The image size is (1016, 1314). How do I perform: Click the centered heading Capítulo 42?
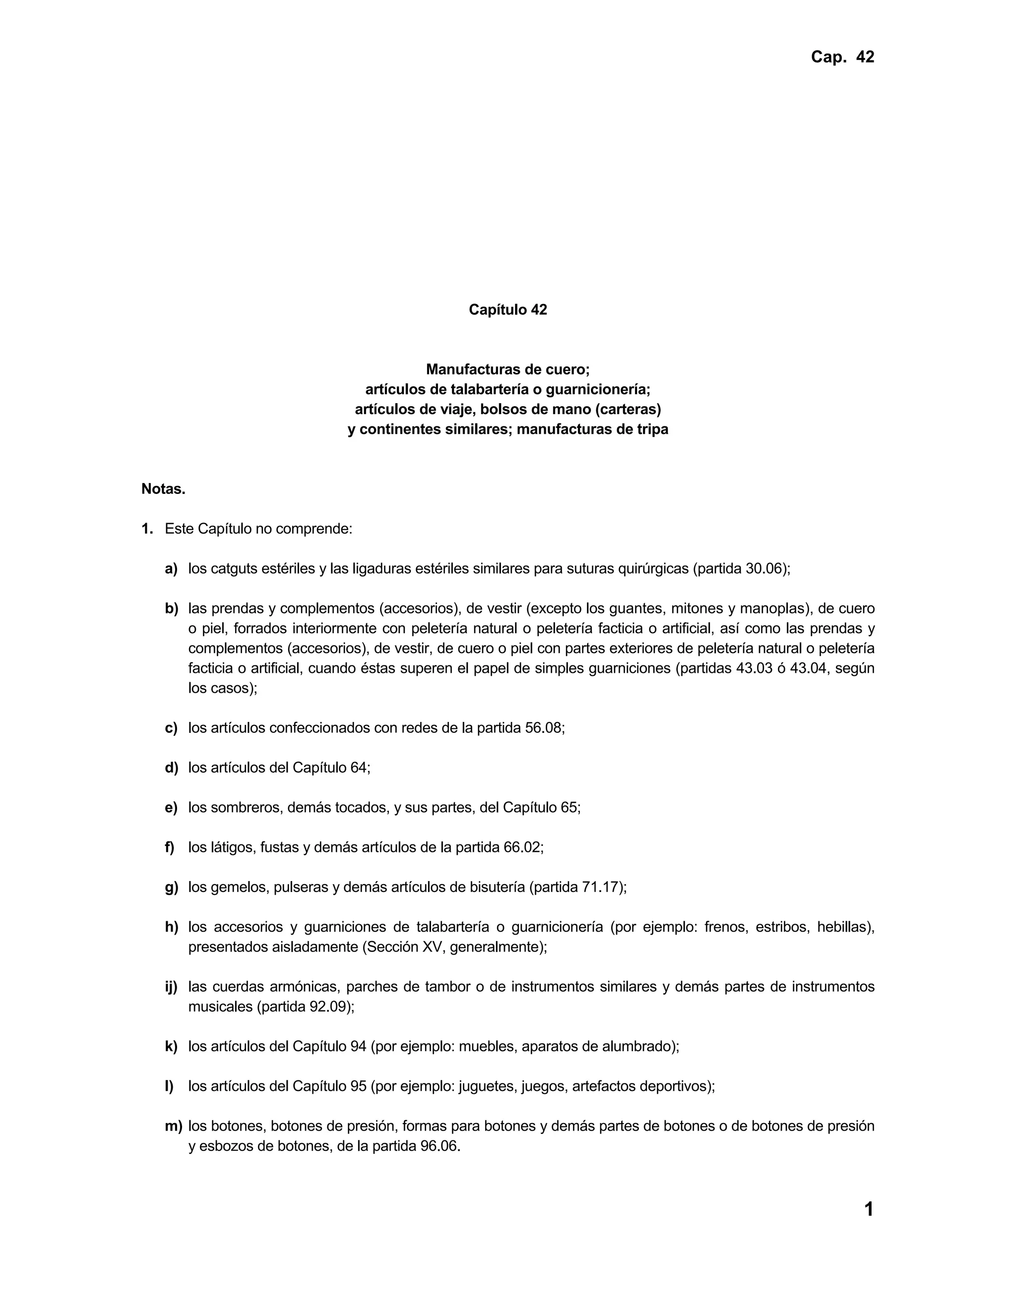point(508,310)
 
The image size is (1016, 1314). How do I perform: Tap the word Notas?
point(163,489)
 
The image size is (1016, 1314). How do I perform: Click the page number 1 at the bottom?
point(869,1209)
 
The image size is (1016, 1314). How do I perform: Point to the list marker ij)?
point(172,987)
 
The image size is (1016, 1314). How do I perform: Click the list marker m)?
point(173,1126)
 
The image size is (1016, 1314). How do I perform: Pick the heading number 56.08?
point(544,728)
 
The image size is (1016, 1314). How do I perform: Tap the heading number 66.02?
point(522,848)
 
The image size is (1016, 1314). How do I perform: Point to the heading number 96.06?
point(440,1146)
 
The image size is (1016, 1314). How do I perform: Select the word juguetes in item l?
point(486,1086)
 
